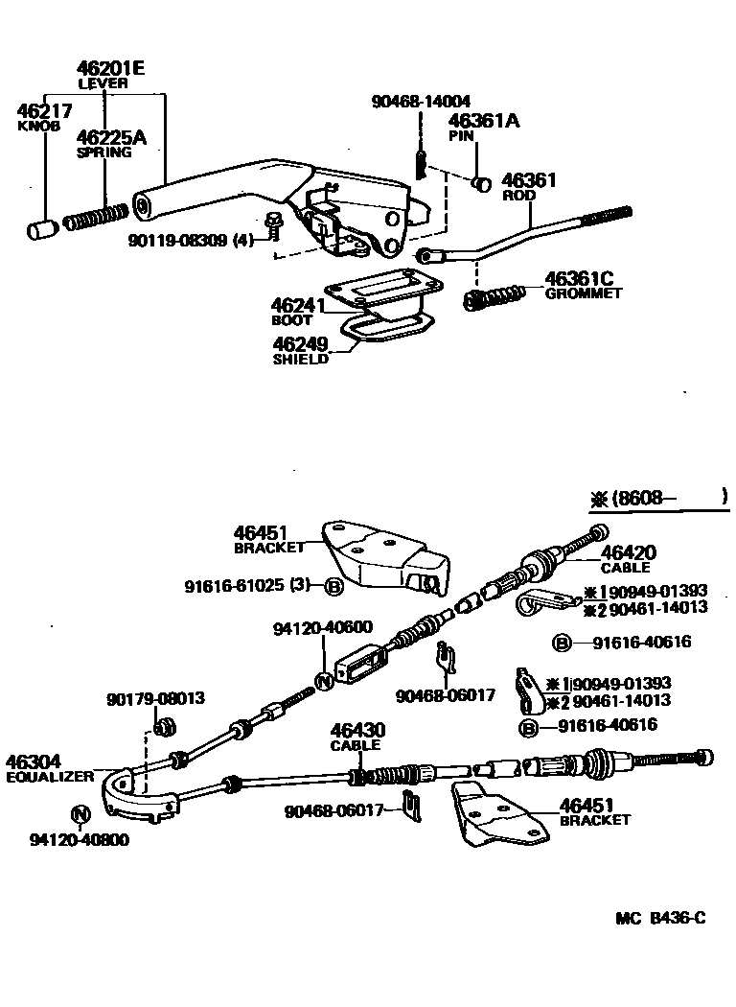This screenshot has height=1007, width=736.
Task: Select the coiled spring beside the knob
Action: coord(96,220)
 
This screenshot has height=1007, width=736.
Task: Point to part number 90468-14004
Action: coord(423,101)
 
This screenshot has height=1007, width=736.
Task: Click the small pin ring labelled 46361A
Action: coord(484,181)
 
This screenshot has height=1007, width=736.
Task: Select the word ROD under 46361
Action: coord(518,195)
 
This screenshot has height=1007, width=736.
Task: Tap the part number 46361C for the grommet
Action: coord(578,279)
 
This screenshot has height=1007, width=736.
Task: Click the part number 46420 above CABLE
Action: coord(629,552)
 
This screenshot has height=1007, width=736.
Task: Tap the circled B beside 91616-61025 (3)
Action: coord(333,587)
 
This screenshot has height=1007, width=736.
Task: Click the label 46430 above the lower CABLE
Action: coord(356,730)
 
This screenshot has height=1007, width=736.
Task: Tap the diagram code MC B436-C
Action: coord(660,918)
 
